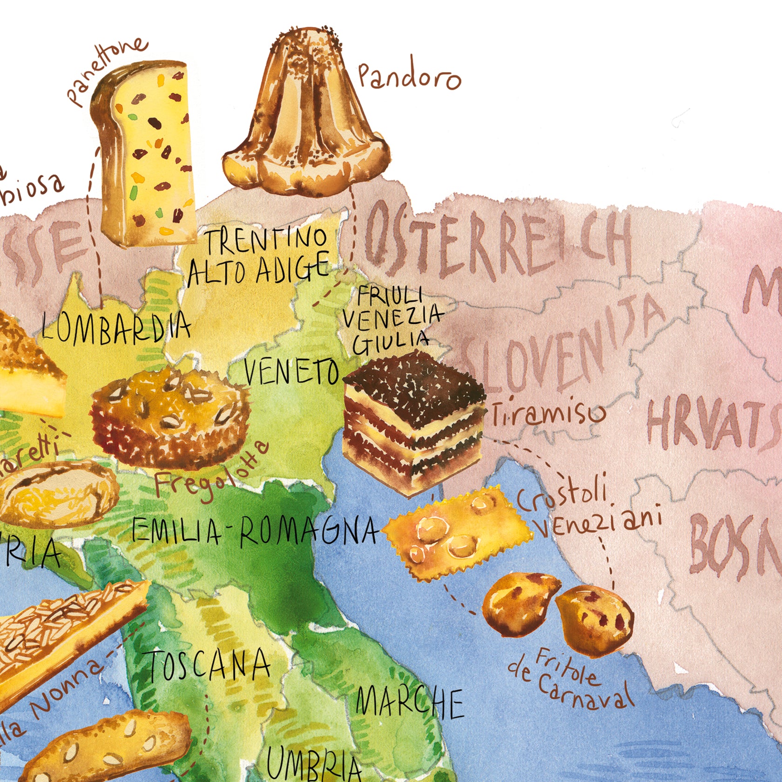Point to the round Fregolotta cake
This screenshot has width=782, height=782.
coord(170,414)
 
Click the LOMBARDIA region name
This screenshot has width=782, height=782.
coord(116,326)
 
